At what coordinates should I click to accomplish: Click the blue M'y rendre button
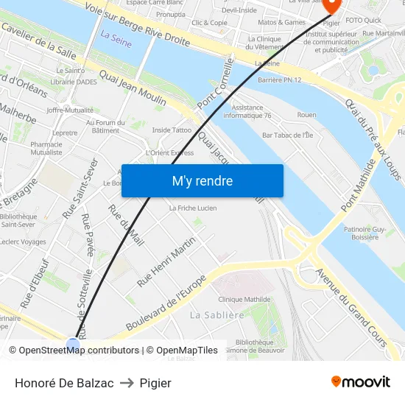tap(202, 181)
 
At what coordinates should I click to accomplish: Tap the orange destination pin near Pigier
tap(331, 6)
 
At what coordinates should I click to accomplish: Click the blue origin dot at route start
tap(72, 344)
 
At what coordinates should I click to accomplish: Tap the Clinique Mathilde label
tap(244, 300)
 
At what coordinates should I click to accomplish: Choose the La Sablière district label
tap(216, 315)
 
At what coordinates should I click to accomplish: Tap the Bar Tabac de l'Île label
tap(288, 135)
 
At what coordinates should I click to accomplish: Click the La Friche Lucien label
tap(193, 208)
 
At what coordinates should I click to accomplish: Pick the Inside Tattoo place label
tap(172, 130)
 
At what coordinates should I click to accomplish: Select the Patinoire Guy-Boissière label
tap(365, 233)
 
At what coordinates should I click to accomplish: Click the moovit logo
tap(361, 382)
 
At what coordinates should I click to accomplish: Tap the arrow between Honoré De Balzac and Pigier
tap(127, 383)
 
